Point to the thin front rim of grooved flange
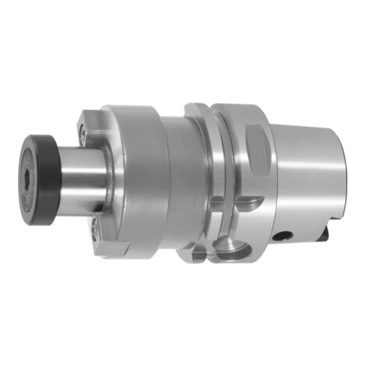pos(193,179)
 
